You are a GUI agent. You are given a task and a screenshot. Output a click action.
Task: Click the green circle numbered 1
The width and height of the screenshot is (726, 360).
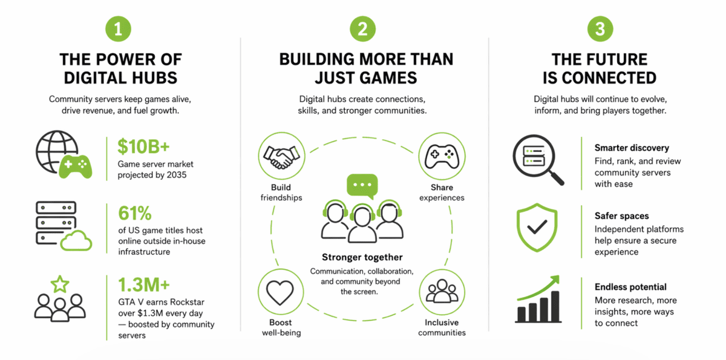(x=119, y=29)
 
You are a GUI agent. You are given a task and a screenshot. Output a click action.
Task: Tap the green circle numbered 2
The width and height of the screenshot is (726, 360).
(x=362, y=29)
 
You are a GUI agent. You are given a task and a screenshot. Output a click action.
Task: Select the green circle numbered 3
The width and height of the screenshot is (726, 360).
(x=600, y=29)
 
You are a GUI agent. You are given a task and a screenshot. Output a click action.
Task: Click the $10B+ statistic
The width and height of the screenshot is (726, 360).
(x=143, y=146)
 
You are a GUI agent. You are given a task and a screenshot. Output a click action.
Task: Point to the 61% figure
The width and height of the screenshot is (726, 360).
(x=135, y=213)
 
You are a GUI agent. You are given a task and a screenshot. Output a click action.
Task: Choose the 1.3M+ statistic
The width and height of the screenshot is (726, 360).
(x=143, y=285)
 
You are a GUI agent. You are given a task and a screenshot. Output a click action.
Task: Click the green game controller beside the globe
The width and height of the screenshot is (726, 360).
(x=76, y=166)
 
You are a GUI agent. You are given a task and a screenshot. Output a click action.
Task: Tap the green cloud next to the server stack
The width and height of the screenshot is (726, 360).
(x=76, y=241)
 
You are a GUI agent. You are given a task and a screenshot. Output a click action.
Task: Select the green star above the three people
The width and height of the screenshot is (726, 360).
(x=60, y=284)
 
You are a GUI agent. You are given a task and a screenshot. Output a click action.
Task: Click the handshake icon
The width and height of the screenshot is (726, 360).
(x=281, y=157)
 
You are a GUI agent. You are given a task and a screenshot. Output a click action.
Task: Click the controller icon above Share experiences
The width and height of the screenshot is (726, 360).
(x=442, y=157)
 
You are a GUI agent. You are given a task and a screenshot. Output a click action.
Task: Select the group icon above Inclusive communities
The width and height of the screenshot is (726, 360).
(x=442, y=291)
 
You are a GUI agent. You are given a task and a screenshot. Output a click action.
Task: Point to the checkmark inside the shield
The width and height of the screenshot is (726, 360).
(x=537, y=227)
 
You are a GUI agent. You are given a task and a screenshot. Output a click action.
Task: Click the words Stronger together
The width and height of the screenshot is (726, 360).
(x=362, y=257)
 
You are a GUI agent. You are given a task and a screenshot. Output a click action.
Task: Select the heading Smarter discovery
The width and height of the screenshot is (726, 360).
(x=632, y=148)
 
